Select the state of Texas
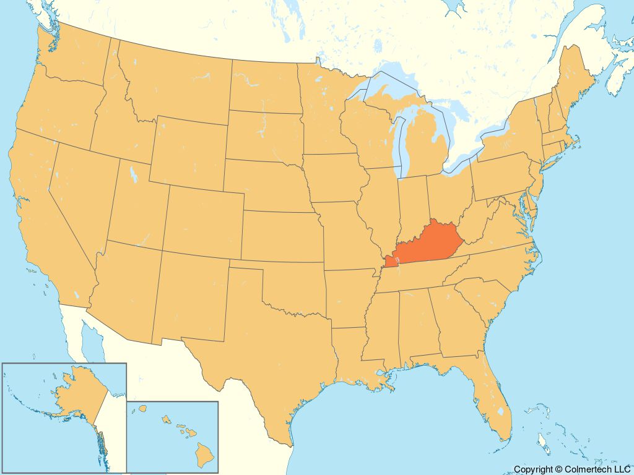266,346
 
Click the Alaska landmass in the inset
74,396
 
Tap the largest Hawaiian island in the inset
205,455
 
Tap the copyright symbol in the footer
558,470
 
